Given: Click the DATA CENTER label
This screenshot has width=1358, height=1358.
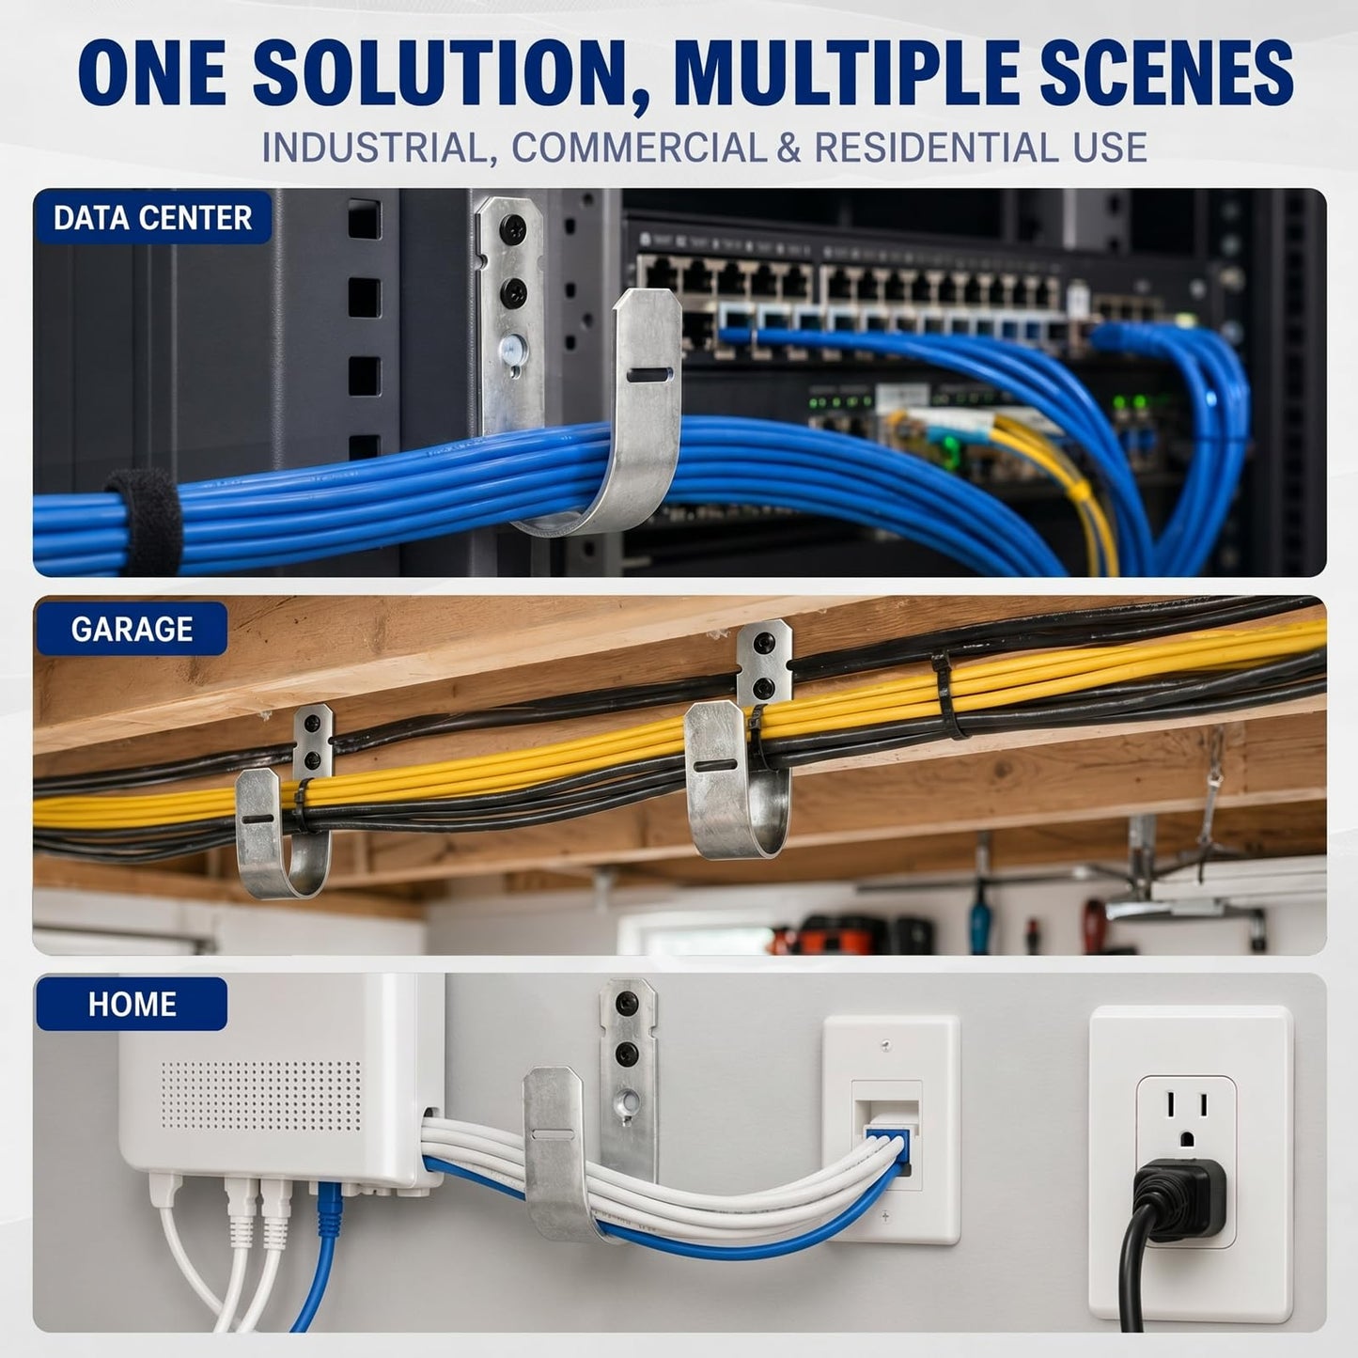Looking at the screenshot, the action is pos(152,218).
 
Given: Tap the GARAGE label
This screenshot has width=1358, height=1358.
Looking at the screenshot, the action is pos(132,630).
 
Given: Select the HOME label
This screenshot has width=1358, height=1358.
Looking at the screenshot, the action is pos(132,1005).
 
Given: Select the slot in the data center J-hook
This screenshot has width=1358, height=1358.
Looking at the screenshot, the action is pos(647,375).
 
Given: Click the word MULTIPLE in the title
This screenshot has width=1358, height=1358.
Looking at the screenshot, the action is pos(847,74).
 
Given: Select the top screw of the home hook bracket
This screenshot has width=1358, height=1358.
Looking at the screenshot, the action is pos(627,1003).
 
